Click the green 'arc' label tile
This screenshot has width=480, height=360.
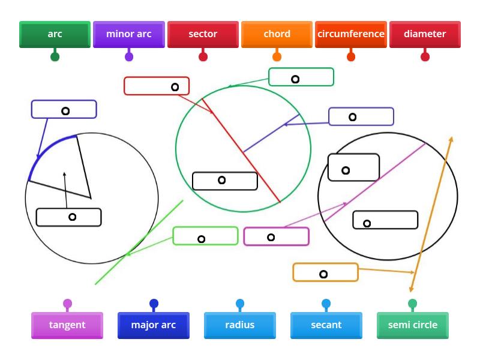tap(55, 34)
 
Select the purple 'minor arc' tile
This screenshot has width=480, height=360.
tap(129, 34)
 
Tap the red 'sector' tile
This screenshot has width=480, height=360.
tap(203, 34)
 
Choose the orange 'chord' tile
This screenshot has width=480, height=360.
tap(277, 34)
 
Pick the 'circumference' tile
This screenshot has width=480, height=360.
tap(351, 34)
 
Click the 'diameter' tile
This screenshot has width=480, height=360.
tap(425, 34)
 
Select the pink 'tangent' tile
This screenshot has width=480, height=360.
tap(67, 325)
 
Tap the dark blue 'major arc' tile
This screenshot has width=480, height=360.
tap(154, 325)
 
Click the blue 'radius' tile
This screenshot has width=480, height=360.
tap(240, 325)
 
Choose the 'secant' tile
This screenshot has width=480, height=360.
tap(326, 325)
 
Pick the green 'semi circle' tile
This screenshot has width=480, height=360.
tap(413, 325)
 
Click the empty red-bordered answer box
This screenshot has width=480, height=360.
tap(157, 86)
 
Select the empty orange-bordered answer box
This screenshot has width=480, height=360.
tap(326, 272)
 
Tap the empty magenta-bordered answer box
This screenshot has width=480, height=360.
tap(277, 236)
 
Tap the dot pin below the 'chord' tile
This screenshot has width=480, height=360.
tap(277, 57)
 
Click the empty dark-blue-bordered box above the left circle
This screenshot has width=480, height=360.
tap(64, 109)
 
